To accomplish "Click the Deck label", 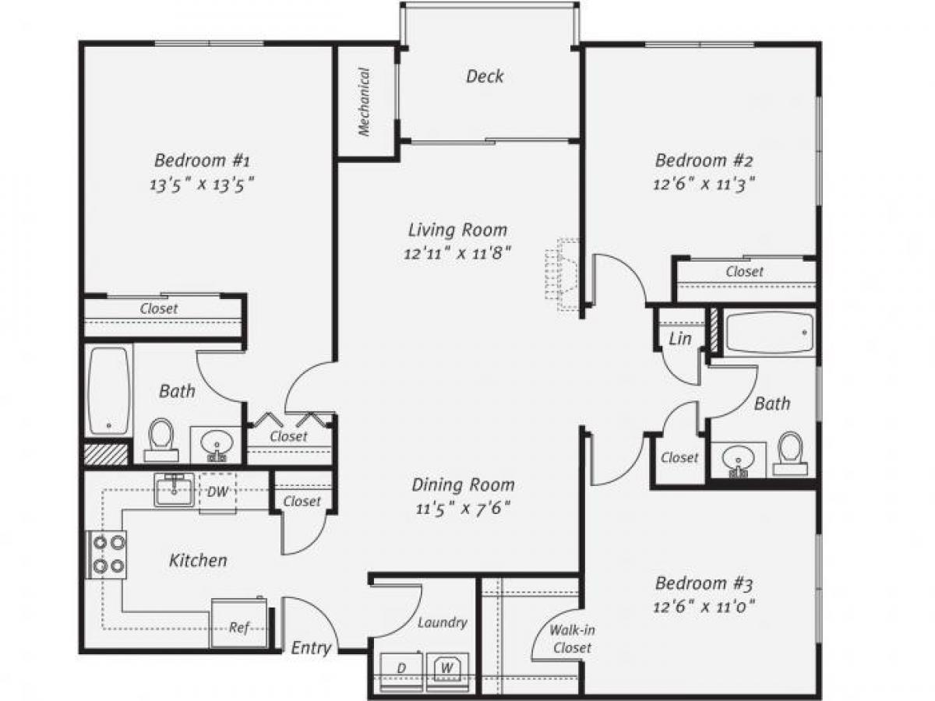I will (x=485, y=76).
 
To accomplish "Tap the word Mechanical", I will (x=364, y=102).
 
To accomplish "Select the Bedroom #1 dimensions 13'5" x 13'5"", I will (x=202, y=185).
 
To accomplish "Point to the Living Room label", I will (x=457, y=230).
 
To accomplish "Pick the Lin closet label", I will (x=680, y=339).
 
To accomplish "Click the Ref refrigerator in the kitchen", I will (x=238, y=624).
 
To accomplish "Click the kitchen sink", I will (x=173, y=491).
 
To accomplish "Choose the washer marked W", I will (x=447, y=668).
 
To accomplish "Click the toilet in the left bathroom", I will (x=161, y=438).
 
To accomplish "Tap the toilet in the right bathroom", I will (x=792, y=453).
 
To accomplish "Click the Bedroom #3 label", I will (x=704, y=583).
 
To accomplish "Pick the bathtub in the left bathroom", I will (x=108, y=390).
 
